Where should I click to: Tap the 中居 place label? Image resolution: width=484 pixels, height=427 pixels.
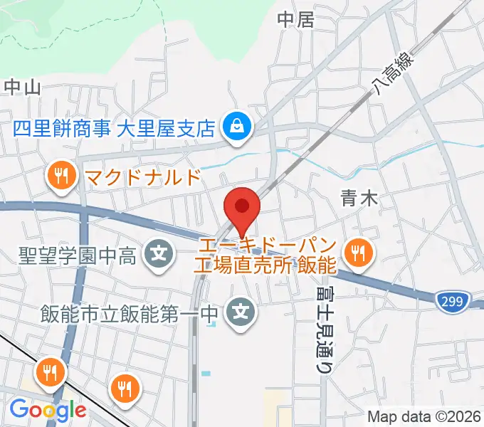click(x=295, y=20)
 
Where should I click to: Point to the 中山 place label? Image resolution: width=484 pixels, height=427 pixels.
click(x=22, y=87)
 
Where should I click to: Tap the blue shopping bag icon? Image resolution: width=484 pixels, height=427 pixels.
click(x=234, y=127)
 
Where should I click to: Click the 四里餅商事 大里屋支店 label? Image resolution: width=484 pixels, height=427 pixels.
click(x=114, y=128)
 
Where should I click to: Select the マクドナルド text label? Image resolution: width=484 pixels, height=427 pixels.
click(x=142, y=176)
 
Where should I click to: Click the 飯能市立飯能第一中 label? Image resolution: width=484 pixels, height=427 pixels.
click(x=128, y=312)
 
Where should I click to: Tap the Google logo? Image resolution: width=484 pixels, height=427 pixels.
click(x=48, y=411)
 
